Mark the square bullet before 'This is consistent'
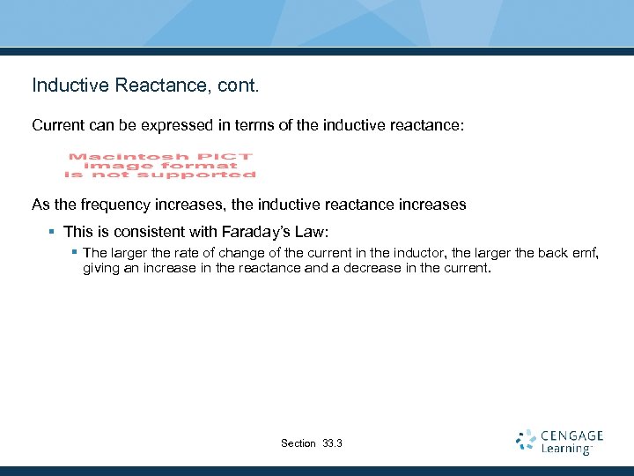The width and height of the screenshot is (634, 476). (52, 232)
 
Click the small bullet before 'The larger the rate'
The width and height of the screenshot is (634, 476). (76, 253)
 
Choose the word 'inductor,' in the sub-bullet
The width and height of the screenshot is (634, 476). (423, 254)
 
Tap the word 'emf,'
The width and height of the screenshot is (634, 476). (585, 254)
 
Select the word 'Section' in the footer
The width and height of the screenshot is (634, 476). (299, 443)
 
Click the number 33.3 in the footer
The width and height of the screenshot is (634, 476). (333, 443)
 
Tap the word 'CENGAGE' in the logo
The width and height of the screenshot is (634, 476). (572, 435)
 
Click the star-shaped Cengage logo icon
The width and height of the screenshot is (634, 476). (526, 441)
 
